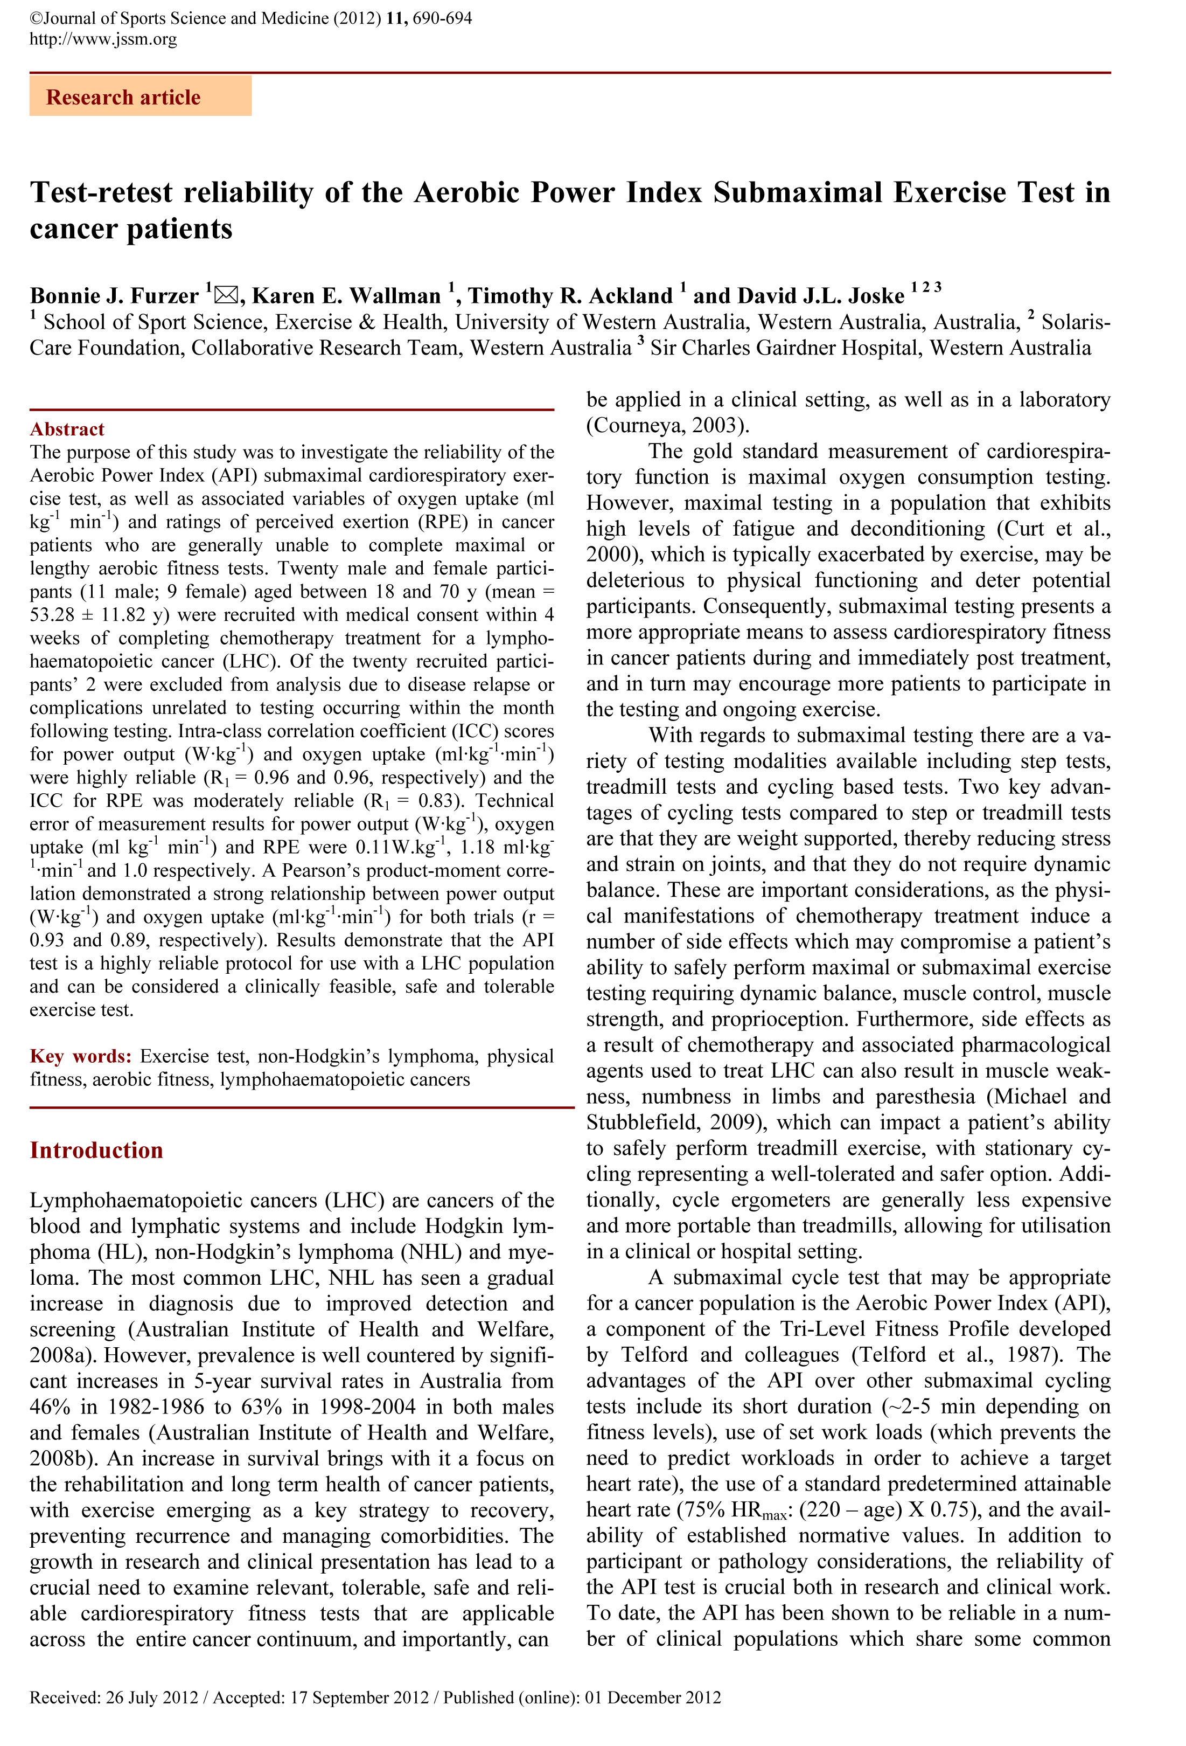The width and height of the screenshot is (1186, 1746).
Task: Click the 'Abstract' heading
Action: coord(67,429)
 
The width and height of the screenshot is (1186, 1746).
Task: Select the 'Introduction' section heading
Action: coord(96,1150)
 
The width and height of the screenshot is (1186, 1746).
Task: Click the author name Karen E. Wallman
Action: coord(346,296)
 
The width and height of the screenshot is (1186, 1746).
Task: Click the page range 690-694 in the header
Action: coord(442,18)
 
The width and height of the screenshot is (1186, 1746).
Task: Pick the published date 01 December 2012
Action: coord(653,1697)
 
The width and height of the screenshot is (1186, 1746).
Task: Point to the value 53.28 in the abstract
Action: coord(53,614)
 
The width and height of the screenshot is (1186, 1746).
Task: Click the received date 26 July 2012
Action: coord(152,1697)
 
